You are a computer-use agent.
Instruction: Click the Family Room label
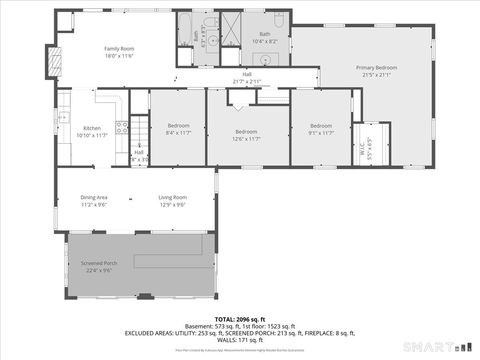click(x=120, y=47)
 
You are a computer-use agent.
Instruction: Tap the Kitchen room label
click(x=92, y=127)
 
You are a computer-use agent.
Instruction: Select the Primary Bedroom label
click(x=377, y=67)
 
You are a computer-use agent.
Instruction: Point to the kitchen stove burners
click(x=121, y=127)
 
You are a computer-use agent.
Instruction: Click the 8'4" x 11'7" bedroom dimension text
click(x=178, y=133)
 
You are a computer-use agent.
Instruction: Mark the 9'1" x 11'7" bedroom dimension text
click(x=320, y=133)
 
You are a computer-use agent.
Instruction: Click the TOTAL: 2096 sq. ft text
click(x=239, y=318)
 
